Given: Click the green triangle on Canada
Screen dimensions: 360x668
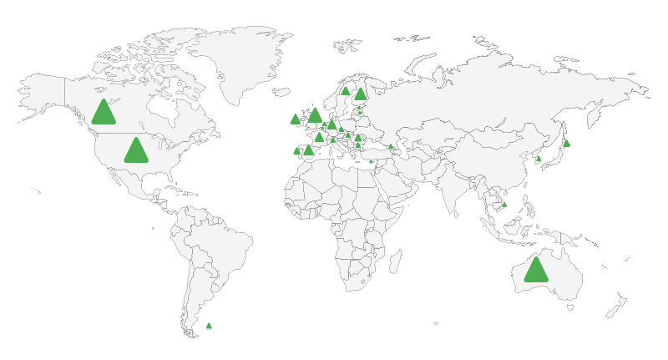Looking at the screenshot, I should pos(104,113).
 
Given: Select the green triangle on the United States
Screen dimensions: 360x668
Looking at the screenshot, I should pos(136,151).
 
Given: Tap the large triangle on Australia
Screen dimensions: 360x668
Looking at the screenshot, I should pos(536,270).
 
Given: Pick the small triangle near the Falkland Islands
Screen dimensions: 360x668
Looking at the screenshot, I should pos(209,326).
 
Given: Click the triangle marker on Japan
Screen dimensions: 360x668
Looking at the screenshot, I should pos(566,144).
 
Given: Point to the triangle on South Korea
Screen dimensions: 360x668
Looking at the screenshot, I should pos(538,159).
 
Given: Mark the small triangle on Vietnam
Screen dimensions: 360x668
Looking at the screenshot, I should pos(504,205).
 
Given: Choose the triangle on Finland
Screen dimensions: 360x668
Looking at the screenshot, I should pos(361,94).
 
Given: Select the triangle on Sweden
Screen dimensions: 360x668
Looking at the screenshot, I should pos(345,91).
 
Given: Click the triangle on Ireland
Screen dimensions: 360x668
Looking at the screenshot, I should pos(295,119).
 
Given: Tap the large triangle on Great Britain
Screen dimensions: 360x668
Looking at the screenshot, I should pos(315,115).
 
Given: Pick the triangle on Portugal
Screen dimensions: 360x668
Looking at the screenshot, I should pos(296,151).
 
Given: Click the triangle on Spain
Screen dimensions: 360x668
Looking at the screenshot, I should pos(308,150).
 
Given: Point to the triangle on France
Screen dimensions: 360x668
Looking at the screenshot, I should pos(319,137).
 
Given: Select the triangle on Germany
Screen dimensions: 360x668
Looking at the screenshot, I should pos(331,125).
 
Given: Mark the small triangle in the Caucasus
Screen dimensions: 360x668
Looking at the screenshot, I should pos(390,146).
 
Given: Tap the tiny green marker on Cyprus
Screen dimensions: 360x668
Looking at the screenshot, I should pos(371,161).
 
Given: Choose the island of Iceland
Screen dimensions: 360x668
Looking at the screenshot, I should pos(281,92).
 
